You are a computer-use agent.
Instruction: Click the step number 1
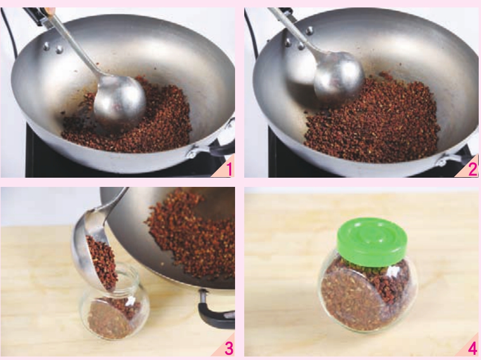click(x=229, y=169)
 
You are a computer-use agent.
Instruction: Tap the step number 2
click(x=473, y=169)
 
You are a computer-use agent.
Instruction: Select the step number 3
click(x=229, y=348)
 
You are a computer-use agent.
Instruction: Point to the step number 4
click(x=473, y=348)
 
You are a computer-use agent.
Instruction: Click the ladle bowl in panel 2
click(x=339, y=77)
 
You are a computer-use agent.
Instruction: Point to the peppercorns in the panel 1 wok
click(x=129, y=123)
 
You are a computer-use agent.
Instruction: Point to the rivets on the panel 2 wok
click(x=298, y=38)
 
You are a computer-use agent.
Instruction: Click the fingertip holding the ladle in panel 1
click(x=50, y=11)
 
